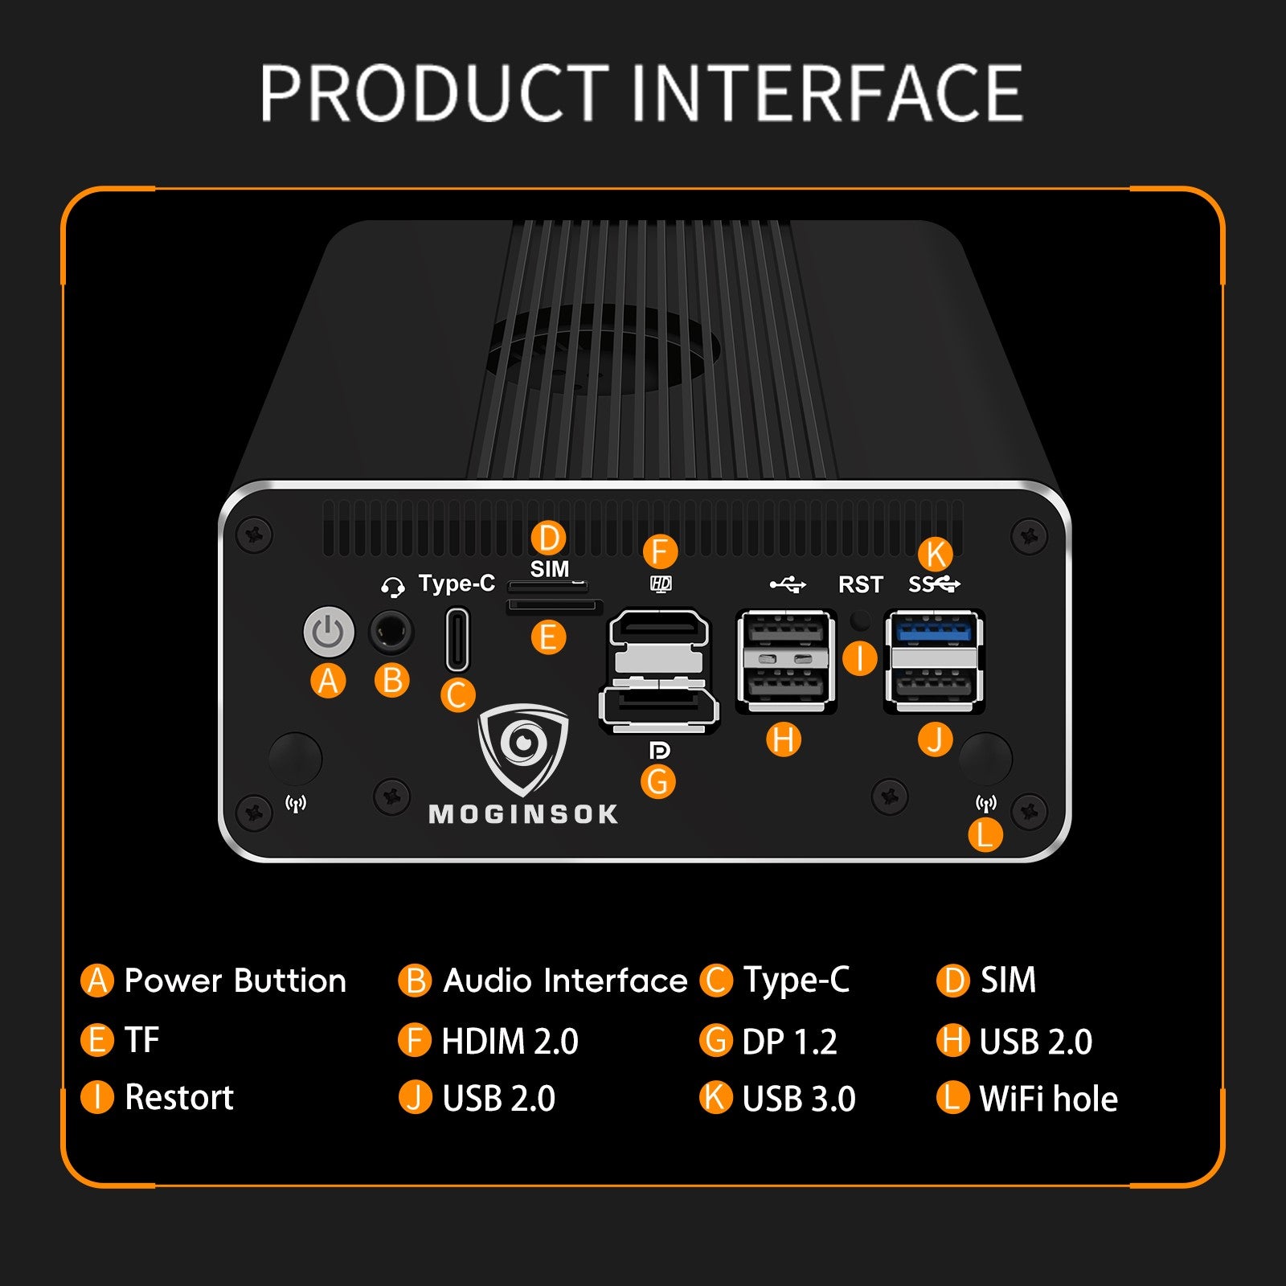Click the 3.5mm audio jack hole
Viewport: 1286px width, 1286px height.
(391, 633)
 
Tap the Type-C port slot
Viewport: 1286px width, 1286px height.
(457, 640)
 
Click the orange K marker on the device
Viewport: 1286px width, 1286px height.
(935, 554)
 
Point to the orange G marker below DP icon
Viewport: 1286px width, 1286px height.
(657, 781)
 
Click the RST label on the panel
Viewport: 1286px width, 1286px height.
(860, 584)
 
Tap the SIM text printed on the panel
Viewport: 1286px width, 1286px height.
(550, 569)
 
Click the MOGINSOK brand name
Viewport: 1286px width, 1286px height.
(524, 814)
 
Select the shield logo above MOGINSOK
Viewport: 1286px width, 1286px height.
(523, 747)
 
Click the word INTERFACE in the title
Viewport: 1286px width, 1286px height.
(826, 94)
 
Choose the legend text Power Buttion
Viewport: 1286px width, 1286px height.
(235, 981)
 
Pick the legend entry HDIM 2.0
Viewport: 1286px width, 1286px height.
(510, 1041)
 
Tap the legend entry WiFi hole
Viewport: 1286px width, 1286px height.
(1048, 1099)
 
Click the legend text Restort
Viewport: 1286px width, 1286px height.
(179, 1097)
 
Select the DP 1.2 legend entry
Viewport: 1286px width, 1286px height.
(789, 1041)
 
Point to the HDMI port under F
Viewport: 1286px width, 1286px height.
(659, 628)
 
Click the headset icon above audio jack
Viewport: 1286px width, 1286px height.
(392, 588)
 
